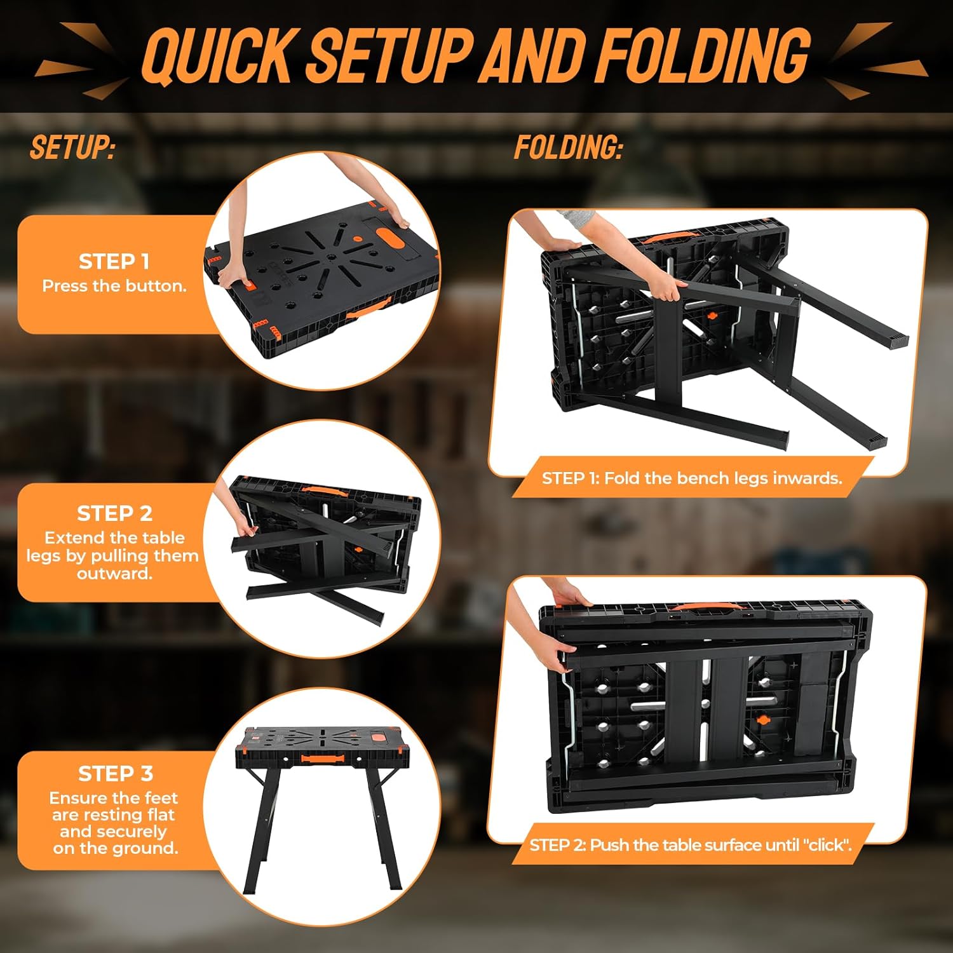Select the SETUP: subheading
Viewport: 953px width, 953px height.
click(x=72, y=147)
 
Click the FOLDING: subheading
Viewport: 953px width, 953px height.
click(x=568, y=147)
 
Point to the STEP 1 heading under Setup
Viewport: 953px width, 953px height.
click(x=114, y=261)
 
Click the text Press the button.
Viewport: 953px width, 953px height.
click(x=114, y=286)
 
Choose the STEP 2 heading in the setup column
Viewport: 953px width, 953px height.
click(x=114, y=513)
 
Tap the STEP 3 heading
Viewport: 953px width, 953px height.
click(x=115, y=773)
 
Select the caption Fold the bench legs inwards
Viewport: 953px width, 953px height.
click(x=723, y=478)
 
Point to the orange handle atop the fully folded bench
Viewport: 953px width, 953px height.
click(x=705, y=607)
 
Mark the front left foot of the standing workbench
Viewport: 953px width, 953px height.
click(x=249, y=889)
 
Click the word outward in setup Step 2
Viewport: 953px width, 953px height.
click(x=114, y=574)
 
